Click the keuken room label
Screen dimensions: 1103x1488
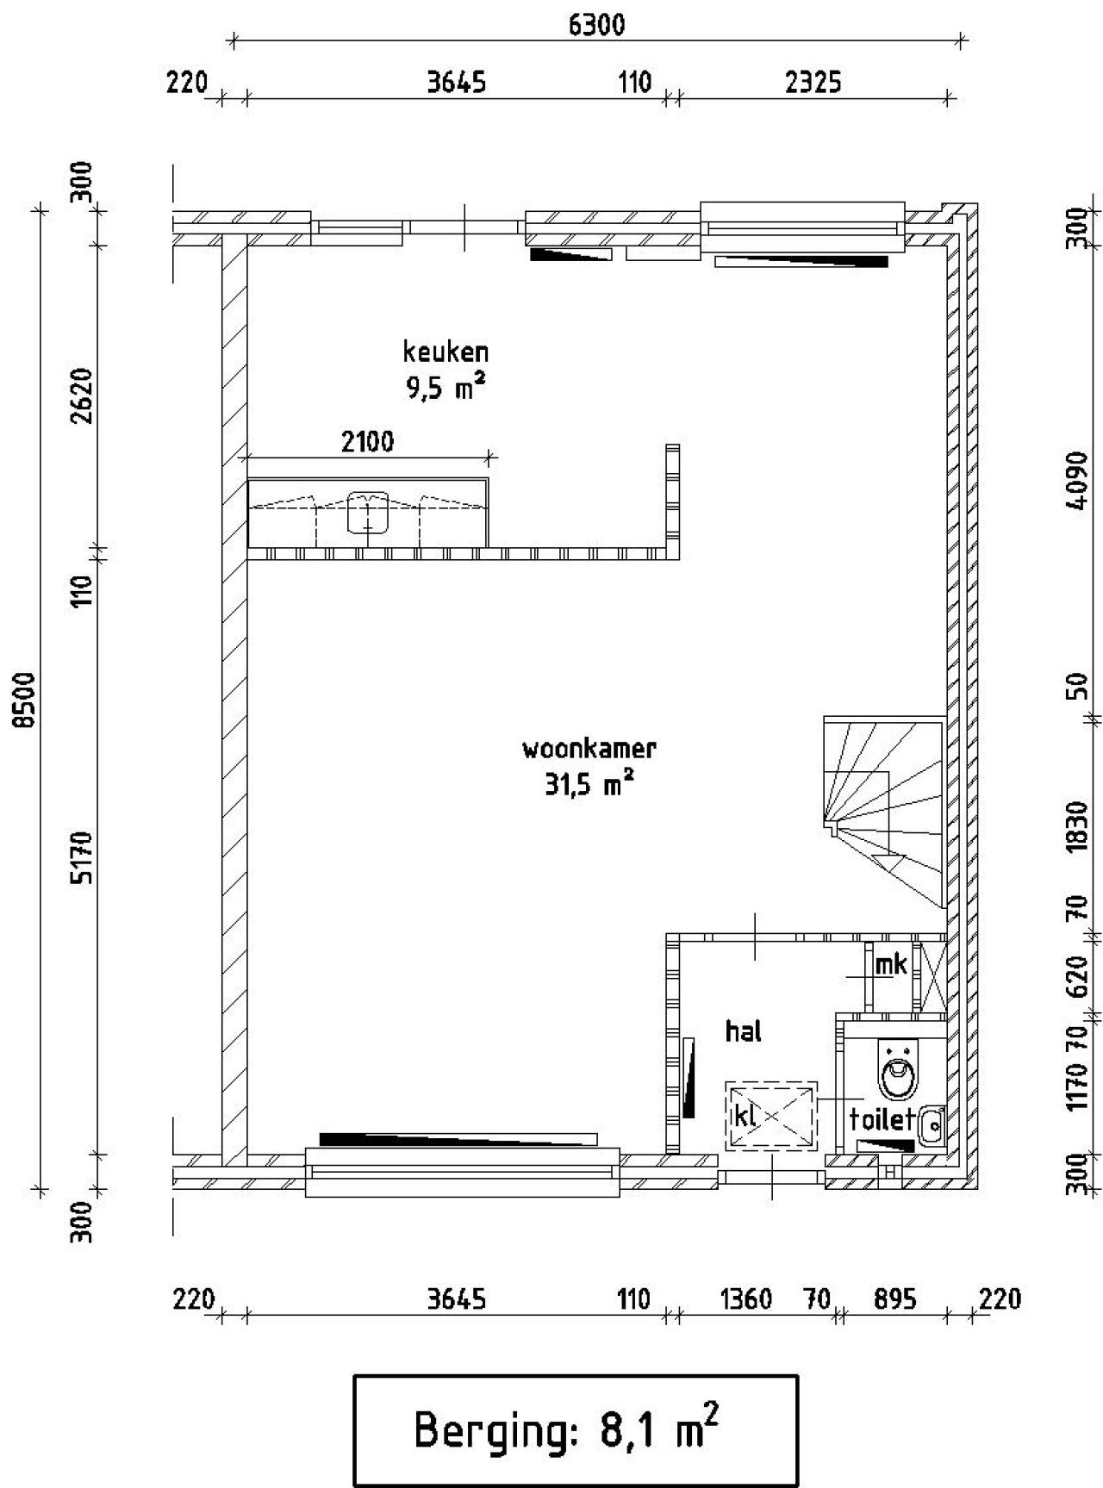pyautogui.click(x=446, y=352)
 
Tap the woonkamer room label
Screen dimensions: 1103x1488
pyautogui.click(x=589, y=748)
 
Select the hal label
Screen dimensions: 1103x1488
pyautogui.click(x=743, y=1030)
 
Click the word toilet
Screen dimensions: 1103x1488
pyautogui.click(x=881, y=1119)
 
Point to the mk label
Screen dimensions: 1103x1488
pyautogui.click(x=891, y=964)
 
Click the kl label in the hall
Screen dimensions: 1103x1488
pyautogui.click(x=744, y=1117)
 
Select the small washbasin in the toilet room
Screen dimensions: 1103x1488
pyautogui.click(x=932, y=1125)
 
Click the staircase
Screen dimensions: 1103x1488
pyautogui.click(x=884, y=812)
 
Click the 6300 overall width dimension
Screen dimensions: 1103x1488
pyautogui.click(x=596, y=26)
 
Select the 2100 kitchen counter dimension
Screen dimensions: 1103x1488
pyautogui.click(x=367, y=442)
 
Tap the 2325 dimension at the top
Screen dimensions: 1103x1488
pyautogui.click(x=813, y=83)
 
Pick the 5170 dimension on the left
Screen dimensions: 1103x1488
pyautogui.click(x=82, y=857)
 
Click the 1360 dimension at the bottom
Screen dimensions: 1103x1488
pyautogui.click(x=745, y=1298)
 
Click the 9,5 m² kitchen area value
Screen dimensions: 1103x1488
pyautogui.click(x=446, y=388)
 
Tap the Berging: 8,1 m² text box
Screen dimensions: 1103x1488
pyautogui.click(x=576, y=1431)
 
